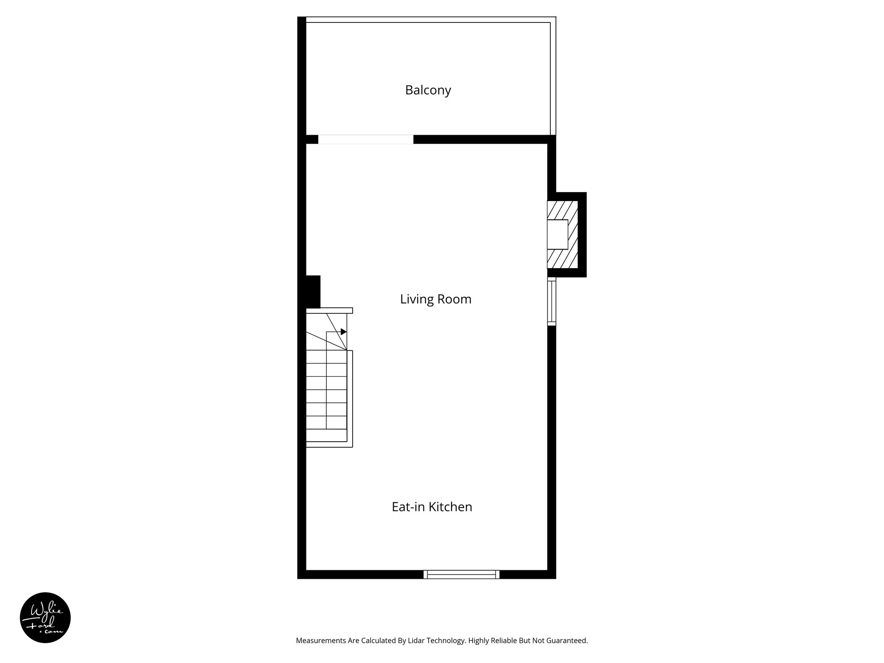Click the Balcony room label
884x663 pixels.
428,90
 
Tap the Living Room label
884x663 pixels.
436,299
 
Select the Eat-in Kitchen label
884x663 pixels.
432,507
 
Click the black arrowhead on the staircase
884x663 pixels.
344,331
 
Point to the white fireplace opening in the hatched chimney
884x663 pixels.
557,234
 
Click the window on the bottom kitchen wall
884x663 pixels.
461,574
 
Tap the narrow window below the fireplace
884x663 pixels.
552,302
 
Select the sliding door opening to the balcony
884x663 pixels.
366,139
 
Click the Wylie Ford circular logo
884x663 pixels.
45,618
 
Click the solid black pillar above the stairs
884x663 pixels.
313,291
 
